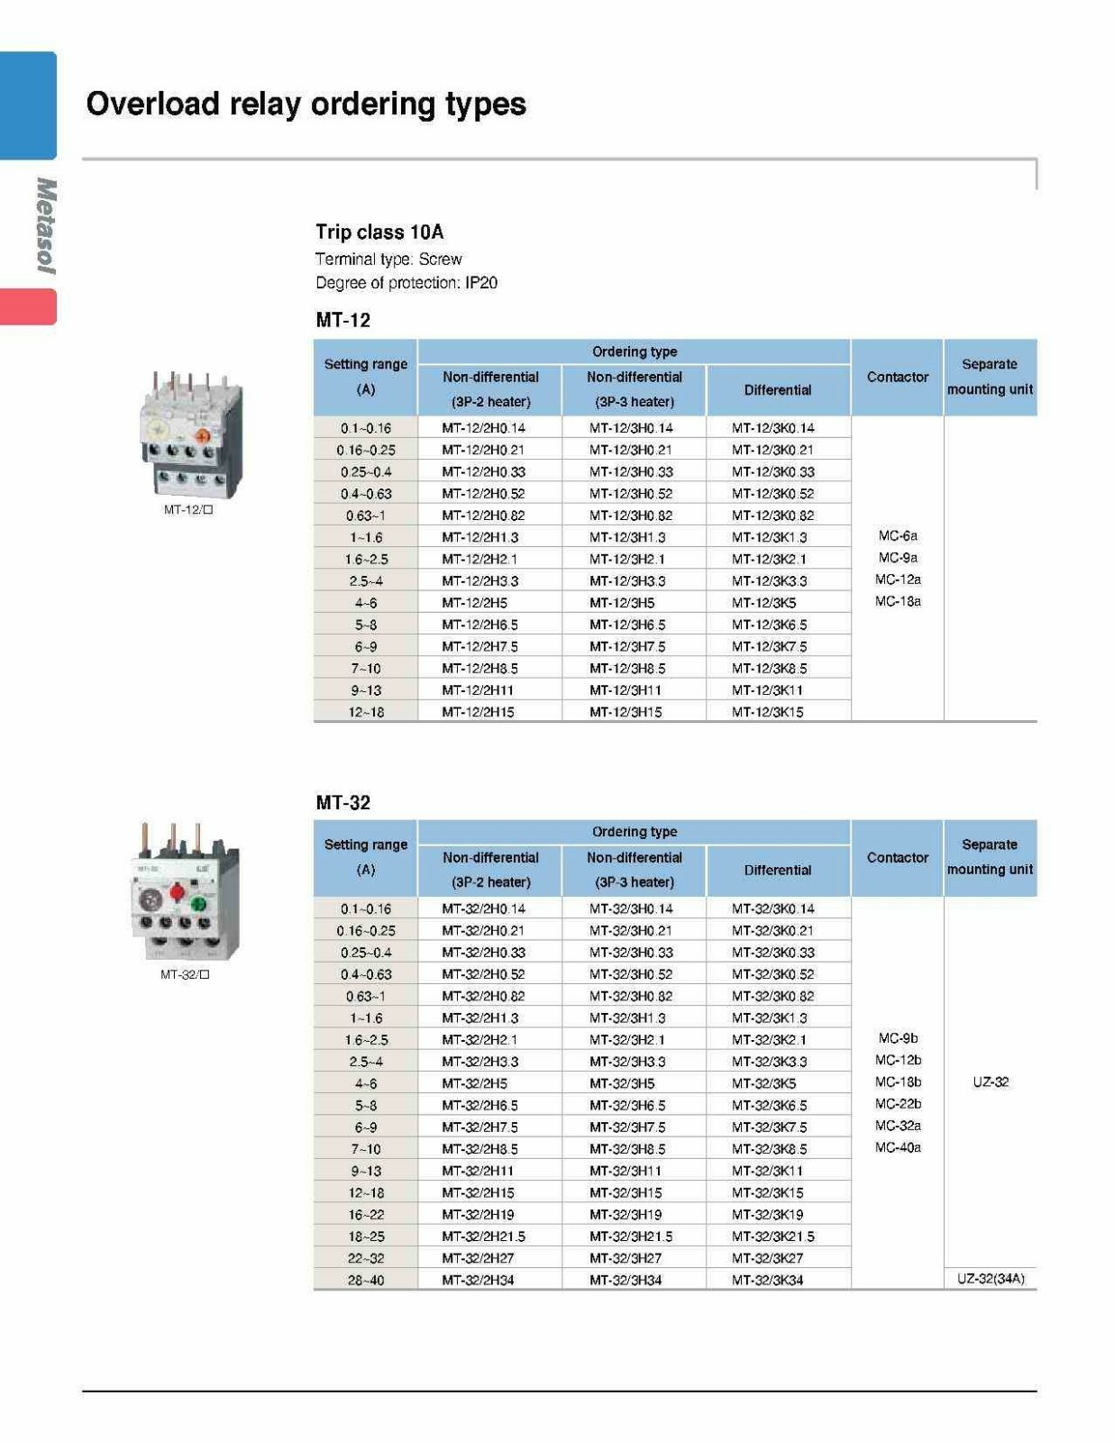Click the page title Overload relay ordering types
[x=306, y=104]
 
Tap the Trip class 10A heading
[x=379, y=232]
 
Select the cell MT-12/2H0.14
[x=483, y=428]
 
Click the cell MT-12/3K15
[x=767, y=712]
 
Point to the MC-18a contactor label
[x=898, y=601]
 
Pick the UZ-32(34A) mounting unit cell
[x=990, y=1279]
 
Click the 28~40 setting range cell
[x=366, y=1280]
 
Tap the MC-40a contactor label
[x=898, y=1147]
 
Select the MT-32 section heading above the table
[x=342, y=802]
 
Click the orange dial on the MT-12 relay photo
[x=203, y=436]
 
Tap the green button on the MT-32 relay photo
[x=199, y=903]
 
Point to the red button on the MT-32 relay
[x=178, y=892]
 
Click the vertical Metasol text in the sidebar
[x=45, y=225]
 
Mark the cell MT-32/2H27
[x=478, y=1258]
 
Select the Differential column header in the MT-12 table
[x=777, y=389]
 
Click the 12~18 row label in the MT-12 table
[x=366, y=712]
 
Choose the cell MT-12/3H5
[x=622, y=603]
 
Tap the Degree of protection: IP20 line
[x=406, y=282]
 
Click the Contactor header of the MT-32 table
[x=897, y=857]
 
